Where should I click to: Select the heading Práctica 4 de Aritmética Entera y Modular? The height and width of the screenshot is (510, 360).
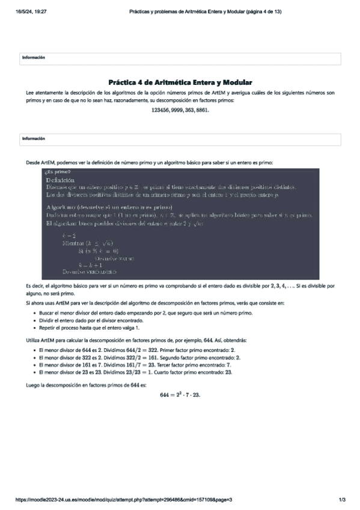pos(180,82)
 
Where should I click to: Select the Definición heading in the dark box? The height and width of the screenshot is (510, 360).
pos(59,180)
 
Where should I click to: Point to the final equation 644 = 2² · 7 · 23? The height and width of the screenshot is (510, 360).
pos(180,395)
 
